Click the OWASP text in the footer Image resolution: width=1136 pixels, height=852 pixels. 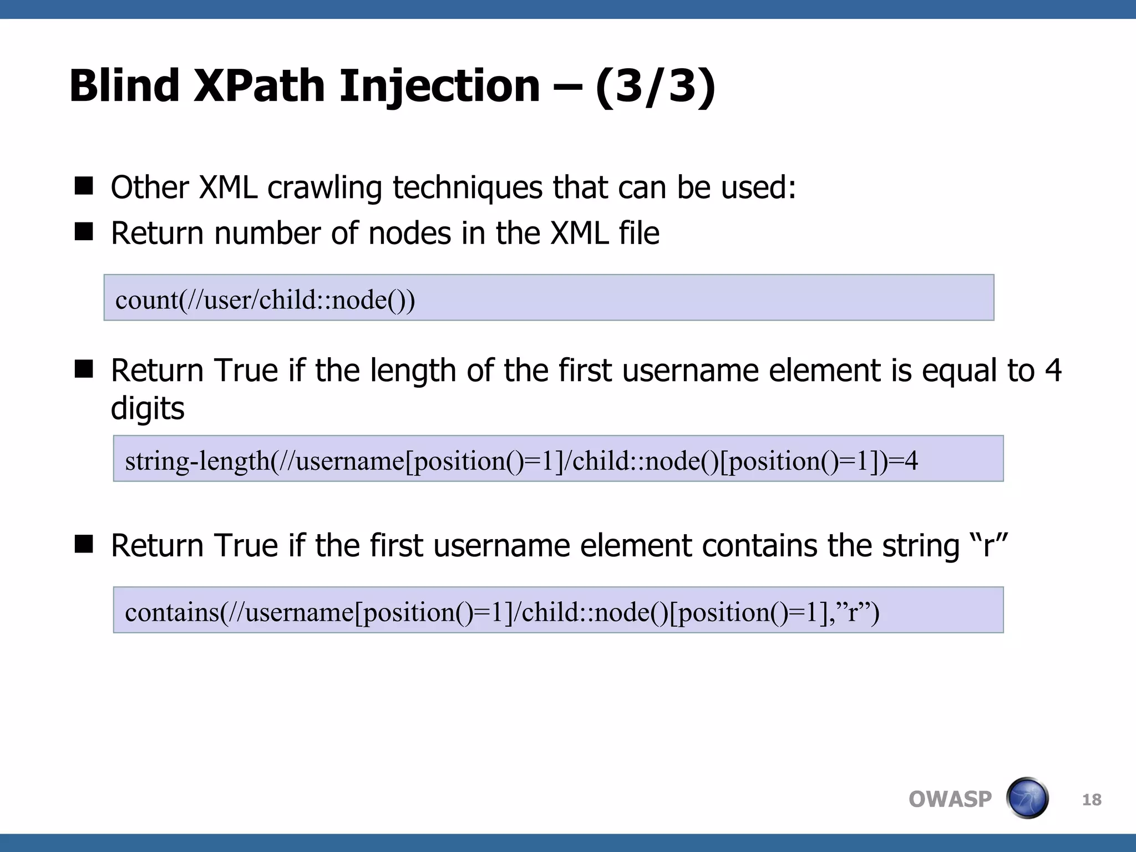pos(950,799)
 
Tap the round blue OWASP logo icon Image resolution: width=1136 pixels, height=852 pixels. pos(1027,798)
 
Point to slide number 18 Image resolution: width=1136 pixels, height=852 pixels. pos(1091,800)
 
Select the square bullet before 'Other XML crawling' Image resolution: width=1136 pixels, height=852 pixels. pos(84,186)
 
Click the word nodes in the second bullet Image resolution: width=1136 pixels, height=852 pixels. pos(409,233)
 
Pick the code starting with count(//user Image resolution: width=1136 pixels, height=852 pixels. pos(265,300)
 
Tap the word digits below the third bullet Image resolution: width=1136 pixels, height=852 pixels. pos(148,409)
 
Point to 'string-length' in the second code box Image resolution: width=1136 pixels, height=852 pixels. pos(197,461)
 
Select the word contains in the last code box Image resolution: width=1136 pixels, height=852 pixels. pos(172,612)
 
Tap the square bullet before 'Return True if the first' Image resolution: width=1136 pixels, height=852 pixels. pos(84,544)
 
